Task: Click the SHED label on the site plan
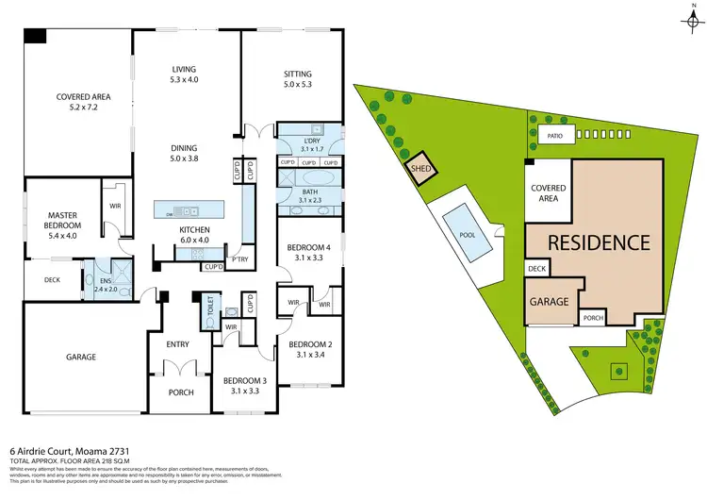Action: (x=419, y=170)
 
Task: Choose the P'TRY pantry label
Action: (x=239, y=258)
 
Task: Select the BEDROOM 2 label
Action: (x=306, y=345)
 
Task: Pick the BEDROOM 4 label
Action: (x=306, y=249)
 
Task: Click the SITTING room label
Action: (x=298, y=75)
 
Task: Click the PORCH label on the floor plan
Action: (x=180, y=392)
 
